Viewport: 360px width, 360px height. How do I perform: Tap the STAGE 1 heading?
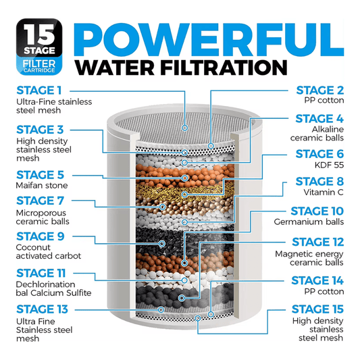coord(39,91)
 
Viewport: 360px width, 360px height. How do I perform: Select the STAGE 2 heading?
coord(320,91)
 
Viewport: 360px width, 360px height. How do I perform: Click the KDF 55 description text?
coord(329,165)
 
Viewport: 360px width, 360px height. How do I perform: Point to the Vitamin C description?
coord(324,192)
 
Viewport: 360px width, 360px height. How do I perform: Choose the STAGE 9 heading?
coord(41,236)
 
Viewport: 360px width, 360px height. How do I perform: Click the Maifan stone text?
coord(42,185)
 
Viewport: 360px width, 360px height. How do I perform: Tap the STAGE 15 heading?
coord(317,309)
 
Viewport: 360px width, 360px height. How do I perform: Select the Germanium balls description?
coord(309,222)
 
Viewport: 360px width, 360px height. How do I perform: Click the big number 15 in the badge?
coord(39,34)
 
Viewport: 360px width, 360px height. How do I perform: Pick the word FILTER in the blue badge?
coord(39,63)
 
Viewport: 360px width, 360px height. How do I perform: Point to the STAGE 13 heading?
coord(43,309)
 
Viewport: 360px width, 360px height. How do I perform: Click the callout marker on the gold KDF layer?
coord(184,195)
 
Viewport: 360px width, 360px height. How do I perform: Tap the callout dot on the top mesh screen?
coord(185,128)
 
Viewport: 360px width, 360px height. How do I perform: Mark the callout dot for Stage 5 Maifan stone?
coord(185,178)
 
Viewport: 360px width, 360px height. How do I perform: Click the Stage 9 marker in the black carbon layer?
coord(162,243)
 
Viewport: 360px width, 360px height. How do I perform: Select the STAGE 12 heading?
coord(317,242)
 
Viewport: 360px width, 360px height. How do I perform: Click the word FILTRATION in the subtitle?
coord(224,68)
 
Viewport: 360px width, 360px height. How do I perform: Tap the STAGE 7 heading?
coord(40,201)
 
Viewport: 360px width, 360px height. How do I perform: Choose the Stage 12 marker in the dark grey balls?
coord(182,298)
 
